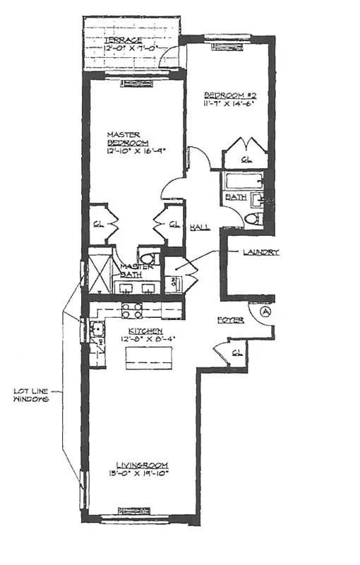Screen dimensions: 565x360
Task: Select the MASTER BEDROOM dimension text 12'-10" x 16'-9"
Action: coord(139,150)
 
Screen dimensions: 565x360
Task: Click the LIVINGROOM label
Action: coord(139,464)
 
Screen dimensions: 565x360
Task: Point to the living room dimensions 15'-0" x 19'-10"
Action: coord(139,473)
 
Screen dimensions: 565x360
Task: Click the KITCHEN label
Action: coord(145,331)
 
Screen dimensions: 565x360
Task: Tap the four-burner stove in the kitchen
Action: coord(132,311)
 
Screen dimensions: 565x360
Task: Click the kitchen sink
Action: coord(95,328)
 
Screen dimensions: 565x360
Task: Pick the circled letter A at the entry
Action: coord(265,310)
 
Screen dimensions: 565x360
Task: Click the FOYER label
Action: coord(230,320)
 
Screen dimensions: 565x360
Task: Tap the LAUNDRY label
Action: coord(260,252)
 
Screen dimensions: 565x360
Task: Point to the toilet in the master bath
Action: coord(148,258)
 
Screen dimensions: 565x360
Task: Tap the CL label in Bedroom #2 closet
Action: coord(245,160)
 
